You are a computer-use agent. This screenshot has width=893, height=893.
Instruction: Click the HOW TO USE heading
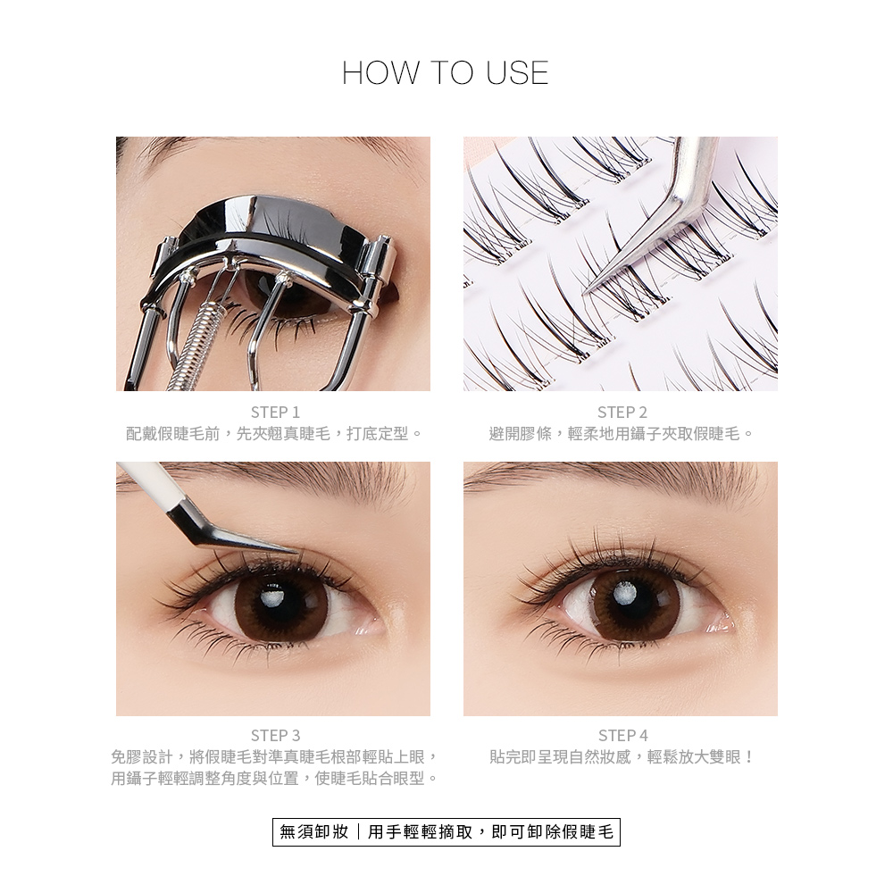[446, 73]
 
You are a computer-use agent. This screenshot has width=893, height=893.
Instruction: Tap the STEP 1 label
[275, 412]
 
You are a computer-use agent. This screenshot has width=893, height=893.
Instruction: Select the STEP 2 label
[622, 412]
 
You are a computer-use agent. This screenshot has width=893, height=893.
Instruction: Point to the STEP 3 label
[275, 735]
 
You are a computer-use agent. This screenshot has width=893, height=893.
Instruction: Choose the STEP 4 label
[622, 735]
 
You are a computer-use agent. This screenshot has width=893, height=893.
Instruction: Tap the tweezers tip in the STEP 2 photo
[584, 293]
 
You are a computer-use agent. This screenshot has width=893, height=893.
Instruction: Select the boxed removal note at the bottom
[446, 832]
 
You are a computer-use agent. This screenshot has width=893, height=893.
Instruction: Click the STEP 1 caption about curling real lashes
[275, 435]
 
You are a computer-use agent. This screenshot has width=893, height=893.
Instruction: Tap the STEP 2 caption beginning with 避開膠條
[622, 435]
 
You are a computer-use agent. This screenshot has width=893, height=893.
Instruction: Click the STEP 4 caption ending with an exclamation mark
[622, 757]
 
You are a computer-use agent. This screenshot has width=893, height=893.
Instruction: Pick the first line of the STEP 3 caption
[275, 757]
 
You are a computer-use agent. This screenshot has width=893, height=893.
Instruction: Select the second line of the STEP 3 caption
[275, 779]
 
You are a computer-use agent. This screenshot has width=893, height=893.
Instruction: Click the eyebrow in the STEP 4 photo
[615, 479]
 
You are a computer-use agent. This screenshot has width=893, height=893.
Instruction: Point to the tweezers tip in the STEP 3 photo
[298, 551]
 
